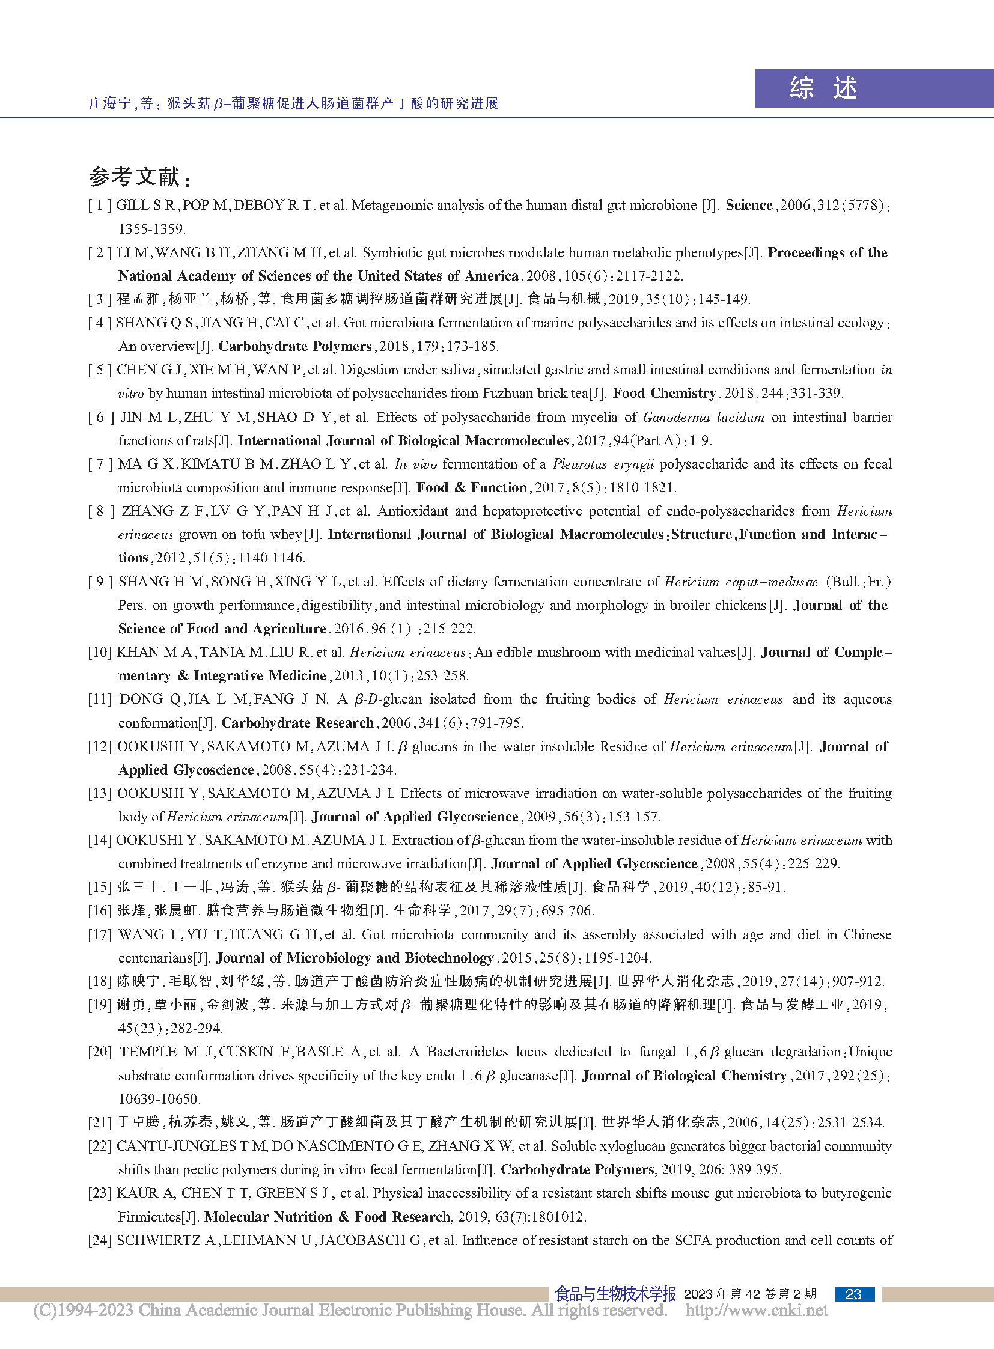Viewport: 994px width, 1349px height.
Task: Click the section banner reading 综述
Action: [x=823, y=88]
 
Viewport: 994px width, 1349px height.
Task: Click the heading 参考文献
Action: [x=138, y=177]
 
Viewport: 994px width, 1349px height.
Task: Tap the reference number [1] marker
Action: [x=100, y=205]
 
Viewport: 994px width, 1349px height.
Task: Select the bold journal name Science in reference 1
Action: [x=749, y=205]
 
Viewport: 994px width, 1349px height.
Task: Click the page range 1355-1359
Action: [x=151, y=229]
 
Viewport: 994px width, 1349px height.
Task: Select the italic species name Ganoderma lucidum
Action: [x=703, y=417]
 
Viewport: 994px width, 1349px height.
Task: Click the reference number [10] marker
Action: [x=100, y=652]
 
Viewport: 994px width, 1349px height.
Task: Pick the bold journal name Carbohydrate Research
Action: [x=297, y=723]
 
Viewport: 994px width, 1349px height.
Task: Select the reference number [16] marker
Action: [x=100, y=910]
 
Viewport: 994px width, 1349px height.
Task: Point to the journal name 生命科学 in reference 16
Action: [x=422, y=910]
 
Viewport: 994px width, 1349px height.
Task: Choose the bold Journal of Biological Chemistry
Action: [x=684, y=1075]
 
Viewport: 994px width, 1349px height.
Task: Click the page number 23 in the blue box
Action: [x=853, y=1294]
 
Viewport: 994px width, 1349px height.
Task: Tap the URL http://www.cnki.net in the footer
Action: [x=757, y=1311]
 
